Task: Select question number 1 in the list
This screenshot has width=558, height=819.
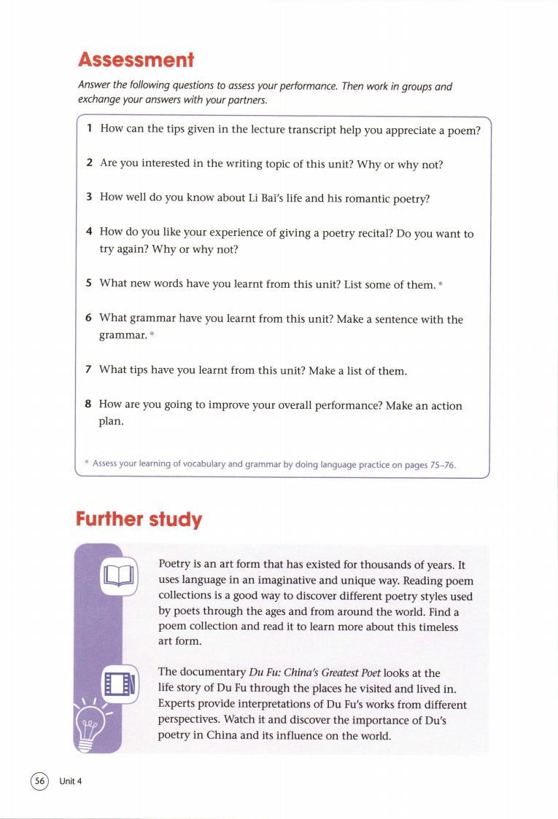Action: tap(89, 129)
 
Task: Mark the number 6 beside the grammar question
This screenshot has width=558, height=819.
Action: tap(89, 319)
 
